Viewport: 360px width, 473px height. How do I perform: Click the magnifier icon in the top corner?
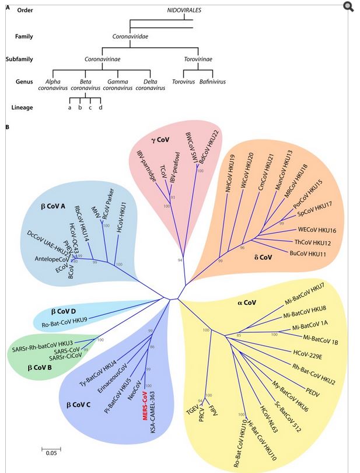coord(348,7)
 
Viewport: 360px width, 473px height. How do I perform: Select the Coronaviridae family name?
coord(130,36)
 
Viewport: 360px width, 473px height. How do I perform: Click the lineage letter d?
coord(100,107)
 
